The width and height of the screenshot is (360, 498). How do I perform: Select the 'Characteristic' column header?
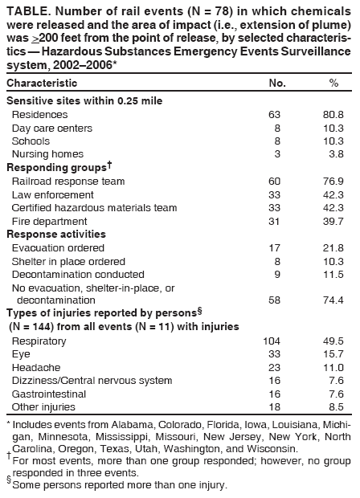(42, 84)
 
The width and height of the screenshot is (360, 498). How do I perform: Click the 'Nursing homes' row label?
(48, 153)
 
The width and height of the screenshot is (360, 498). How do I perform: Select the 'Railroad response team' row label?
(68, 182)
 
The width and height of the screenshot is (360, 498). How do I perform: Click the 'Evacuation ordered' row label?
(58, 248)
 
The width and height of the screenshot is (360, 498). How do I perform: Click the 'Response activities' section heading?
(51, 235)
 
